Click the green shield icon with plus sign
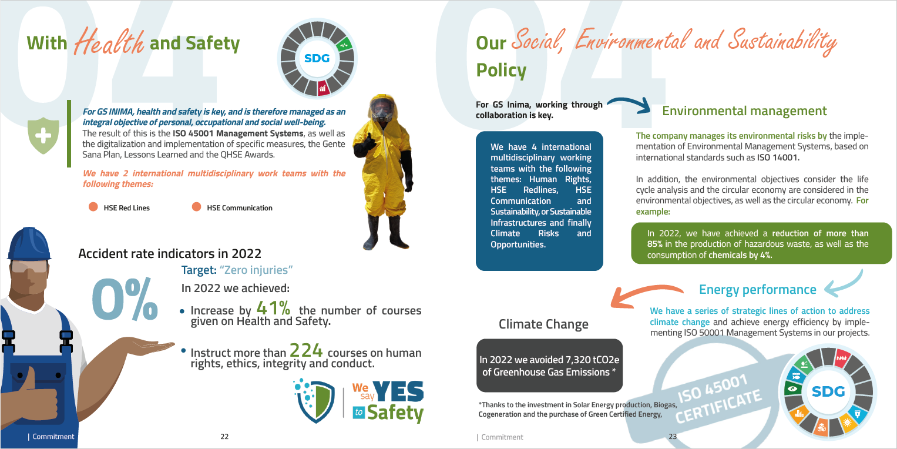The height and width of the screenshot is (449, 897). (x=43, y=135)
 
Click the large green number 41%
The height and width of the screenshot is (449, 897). (x=273, y=308)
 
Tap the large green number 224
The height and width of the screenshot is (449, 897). (x=306, y=351)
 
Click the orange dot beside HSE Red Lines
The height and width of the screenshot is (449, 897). (x=93, y=207)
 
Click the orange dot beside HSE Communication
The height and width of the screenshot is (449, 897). (x=196, y=207)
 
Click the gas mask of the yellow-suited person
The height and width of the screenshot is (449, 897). (x=381, y=111)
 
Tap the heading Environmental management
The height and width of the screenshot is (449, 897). (x=744, y=111)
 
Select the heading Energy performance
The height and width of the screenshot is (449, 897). (x=757, y=289)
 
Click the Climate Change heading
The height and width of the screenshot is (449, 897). (x=543, y=324)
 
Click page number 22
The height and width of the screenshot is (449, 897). (x=224, y=437)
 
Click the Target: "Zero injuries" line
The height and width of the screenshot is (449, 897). (x=237, y=270)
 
